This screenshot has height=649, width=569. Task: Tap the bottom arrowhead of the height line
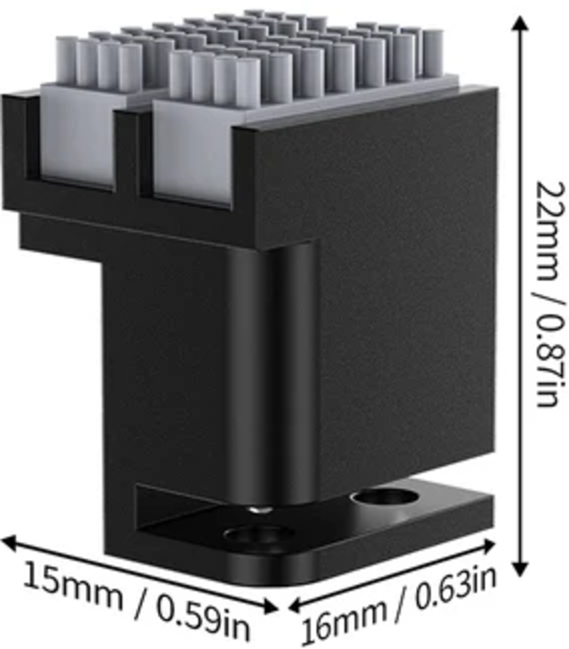tap(520, 569)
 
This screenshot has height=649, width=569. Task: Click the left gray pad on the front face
tap(78, 141)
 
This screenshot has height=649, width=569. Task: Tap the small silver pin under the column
tap(257, 508)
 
